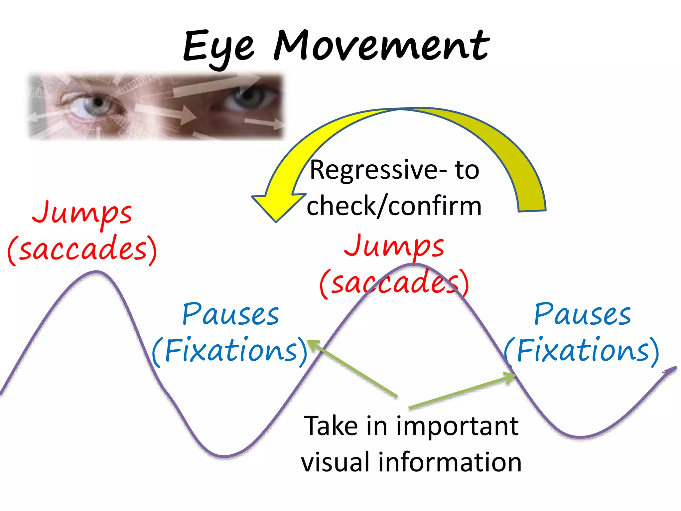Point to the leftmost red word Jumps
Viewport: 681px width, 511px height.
[x=82, y=213]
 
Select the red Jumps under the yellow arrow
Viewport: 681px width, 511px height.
[x=394, y=246]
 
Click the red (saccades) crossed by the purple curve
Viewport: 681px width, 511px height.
[x=394, y=283]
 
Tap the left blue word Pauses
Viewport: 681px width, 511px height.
[x=231, y=314]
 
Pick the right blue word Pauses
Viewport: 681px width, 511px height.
[x=582, y=314]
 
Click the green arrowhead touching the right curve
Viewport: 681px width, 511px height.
[x=510, y=378]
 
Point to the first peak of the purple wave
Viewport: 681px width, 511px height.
[x=96, y=272]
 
